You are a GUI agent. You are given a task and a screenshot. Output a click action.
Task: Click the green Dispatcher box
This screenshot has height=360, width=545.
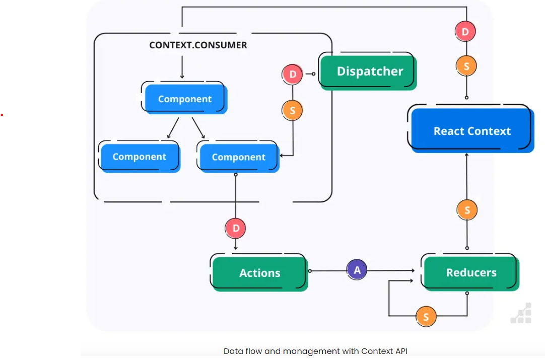(369, 71)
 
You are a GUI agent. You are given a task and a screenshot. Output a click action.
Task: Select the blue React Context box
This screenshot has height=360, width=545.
(472, 131)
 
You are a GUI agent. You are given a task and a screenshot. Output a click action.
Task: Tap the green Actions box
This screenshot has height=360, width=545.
(259, 273)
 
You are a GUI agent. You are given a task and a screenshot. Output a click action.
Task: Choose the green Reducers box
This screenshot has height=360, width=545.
(471, 273)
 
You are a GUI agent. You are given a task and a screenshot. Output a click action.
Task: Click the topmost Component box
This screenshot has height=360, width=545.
(185, 99)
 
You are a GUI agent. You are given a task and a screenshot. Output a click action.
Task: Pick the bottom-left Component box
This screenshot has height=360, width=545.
(140, 157)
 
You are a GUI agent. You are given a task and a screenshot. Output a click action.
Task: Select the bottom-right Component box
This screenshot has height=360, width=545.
(238, 157)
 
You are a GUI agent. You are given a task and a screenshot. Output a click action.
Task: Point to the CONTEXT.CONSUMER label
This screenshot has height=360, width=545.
(198, 45)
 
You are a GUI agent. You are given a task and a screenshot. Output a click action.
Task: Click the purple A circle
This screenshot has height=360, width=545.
(357, 270)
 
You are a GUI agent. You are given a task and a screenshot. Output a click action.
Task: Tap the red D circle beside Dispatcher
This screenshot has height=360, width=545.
(293, 75)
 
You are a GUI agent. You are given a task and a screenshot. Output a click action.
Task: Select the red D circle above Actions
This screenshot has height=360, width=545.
(235, 229)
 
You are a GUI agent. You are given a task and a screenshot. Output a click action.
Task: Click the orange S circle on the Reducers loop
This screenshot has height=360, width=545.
(426, 317)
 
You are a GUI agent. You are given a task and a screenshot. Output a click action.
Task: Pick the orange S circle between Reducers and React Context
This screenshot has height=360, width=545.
(467, 210)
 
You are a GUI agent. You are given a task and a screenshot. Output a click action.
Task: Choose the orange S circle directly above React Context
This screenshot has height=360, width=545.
(466, 66)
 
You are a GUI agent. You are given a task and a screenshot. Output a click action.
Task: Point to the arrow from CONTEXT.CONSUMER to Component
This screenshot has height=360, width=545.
(182, 65)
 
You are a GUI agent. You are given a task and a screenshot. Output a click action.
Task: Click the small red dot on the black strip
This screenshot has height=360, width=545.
(2, 115)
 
